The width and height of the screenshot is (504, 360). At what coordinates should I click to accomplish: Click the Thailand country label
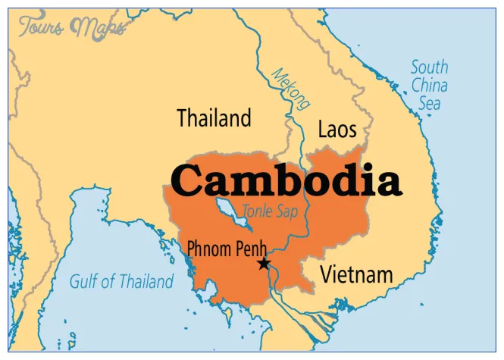(214, 118)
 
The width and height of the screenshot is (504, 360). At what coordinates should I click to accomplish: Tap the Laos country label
(337, 129)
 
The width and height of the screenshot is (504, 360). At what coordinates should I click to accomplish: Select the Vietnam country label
(356, 274)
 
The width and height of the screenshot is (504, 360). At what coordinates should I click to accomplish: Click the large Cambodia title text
(285, 181)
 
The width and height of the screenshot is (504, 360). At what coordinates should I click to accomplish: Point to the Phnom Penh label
(222, 248)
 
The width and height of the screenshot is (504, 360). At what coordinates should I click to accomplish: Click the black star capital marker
(264, 264)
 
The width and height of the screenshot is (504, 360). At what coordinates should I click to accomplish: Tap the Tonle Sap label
(270, 211)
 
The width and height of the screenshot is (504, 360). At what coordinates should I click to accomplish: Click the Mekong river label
(291, 89)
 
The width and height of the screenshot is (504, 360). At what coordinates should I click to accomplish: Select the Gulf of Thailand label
(121, 282)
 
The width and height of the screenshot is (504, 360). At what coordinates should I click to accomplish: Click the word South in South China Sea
(430, 67)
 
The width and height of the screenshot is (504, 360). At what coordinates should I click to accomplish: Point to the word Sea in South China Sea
(430, 102)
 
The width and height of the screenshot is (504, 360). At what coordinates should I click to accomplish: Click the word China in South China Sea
(430, 84)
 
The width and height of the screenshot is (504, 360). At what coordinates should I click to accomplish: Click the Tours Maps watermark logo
(72, 28)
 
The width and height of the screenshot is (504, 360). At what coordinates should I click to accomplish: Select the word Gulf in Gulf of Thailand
(83, 282)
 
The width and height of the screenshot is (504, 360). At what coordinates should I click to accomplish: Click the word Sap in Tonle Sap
(287, 211)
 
